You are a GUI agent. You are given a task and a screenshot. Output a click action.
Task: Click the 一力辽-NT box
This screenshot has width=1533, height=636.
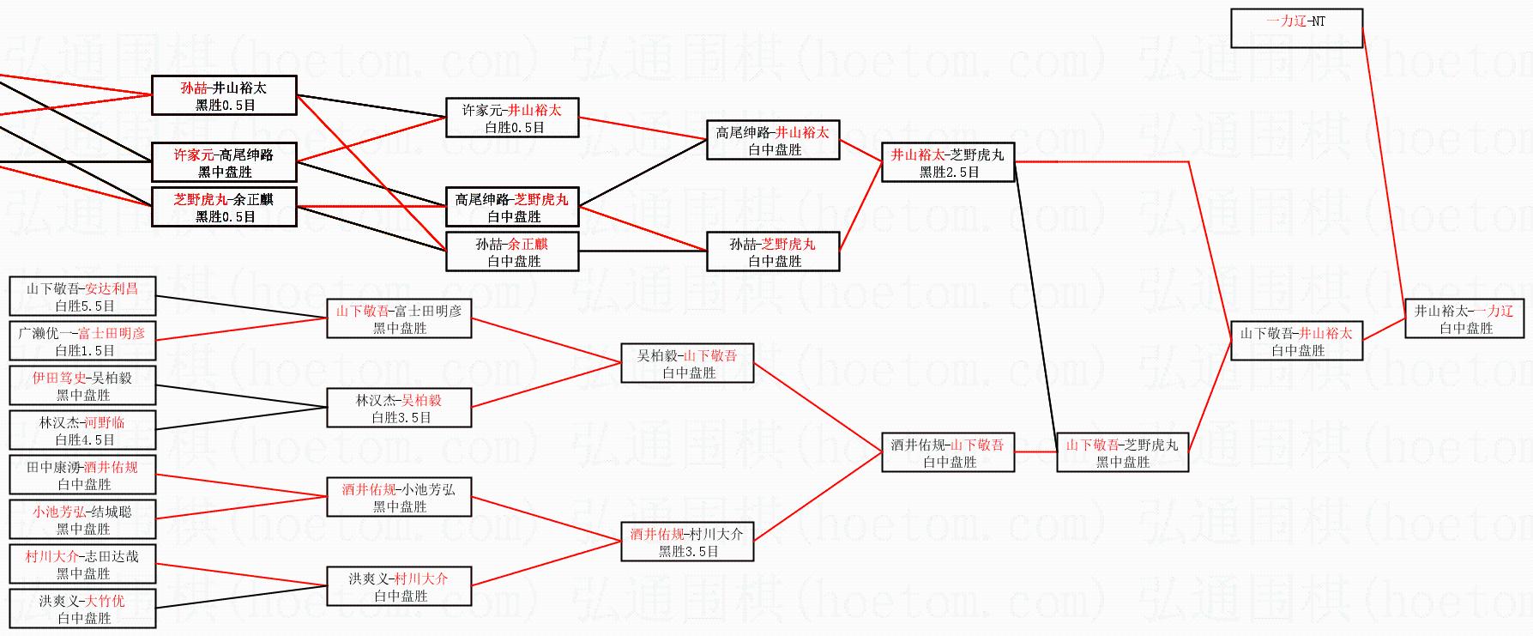[x=1296, y=28]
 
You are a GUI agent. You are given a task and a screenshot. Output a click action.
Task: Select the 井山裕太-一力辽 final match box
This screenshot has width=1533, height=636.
[x=1464, y=318]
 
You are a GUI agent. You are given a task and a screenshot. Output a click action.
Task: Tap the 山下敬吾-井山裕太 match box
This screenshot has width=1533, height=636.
[x=1296, y=341]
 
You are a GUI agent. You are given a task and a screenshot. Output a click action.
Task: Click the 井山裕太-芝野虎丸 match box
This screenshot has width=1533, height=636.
[x=948, y=162]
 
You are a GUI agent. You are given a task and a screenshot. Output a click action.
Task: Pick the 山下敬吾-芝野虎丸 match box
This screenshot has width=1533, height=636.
[x=1122, y=452]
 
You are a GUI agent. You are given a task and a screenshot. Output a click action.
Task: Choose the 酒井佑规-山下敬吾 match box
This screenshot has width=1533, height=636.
[x=948, y=452]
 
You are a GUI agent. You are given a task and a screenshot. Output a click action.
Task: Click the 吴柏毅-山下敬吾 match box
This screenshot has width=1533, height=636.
[x=687, y=363]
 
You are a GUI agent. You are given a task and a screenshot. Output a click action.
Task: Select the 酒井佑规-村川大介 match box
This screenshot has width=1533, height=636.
[x=687, y=542]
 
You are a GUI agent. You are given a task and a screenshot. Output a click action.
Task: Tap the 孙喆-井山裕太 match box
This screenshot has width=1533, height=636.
[x=224, y=95]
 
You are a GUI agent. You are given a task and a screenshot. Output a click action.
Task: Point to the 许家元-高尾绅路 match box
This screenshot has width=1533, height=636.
[x=224, y=162]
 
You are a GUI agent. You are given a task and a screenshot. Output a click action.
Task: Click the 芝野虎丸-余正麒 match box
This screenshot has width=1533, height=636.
[x=224, y=207]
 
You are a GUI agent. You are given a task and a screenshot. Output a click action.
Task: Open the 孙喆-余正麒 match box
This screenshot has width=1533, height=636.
[x=512, y=251]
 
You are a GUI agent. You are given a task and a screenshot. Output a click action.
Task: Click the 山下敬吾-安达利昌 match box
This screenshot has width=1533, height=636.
[x=82, y=296]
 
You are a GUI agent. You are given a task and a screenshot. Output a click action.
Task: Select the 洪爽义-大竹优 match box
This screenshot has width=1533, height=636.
[x=82, y=609]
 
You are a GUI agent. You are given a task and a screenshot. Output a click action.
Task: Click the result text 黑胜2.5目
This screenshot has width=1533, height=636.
[x=949, y=172]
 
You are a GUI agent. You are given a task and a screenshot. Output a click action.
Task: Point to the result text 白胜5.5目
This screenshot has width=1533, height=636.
[x=84, y=306]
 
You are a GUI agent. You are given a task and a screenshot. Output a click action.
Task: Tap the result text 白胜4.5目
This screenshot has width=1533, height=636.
[x=84, y=439]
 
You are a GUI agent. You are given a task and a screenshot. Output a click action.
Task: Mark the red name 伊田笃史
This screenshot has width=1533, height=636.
[x=59, y=378]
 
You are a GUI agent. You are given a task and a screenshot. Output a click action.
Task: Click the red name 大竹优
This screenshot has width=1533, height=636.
[x=106, y=601]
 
